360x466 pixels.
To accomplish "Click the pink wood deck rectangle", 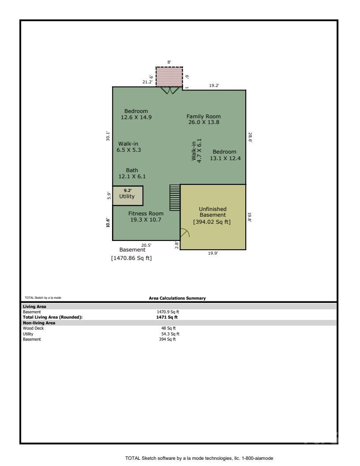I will point(169,77).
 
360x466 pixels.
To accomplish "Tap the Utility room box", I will point(127,195).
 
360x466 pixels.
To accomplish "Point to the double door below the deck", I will point(169,90).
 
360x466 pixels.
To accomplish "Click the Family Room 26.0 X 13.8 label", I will point(203,119).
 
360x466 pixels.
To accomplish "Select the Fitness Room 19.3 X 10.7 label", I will point(146,216).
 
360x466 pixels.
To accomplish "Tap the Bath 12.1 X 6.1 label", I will point(132,173).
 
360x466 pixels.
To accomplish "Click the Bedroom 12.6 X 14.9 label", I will point(136,114).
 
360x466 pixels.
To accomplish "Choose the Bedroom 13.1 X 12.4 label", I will point(225,155).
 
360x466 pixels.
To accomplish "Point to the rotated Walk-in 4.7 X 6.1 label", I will point(196,150).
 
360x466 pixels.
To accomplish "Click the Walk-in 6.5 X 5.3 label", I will point(129,147).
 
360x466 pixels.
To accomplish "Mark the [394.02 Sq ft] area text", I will point(212,222).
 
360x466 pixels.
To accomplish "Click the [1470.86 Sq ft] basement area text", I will point(131,258).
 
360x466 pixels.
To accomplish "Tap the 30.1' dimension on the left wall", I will point(108,135).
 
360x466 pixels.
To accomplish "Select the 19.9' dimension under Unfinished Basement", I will point(213,253).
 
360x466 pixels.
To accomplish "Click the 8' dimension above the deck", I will point(169,62).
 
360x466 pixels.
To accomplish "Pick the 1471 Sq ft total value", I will point(167,317).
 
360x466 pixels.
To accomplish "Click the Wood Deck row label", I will point(33,328).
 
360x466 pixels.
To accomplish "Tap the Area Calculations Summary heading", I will point(177,298).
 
